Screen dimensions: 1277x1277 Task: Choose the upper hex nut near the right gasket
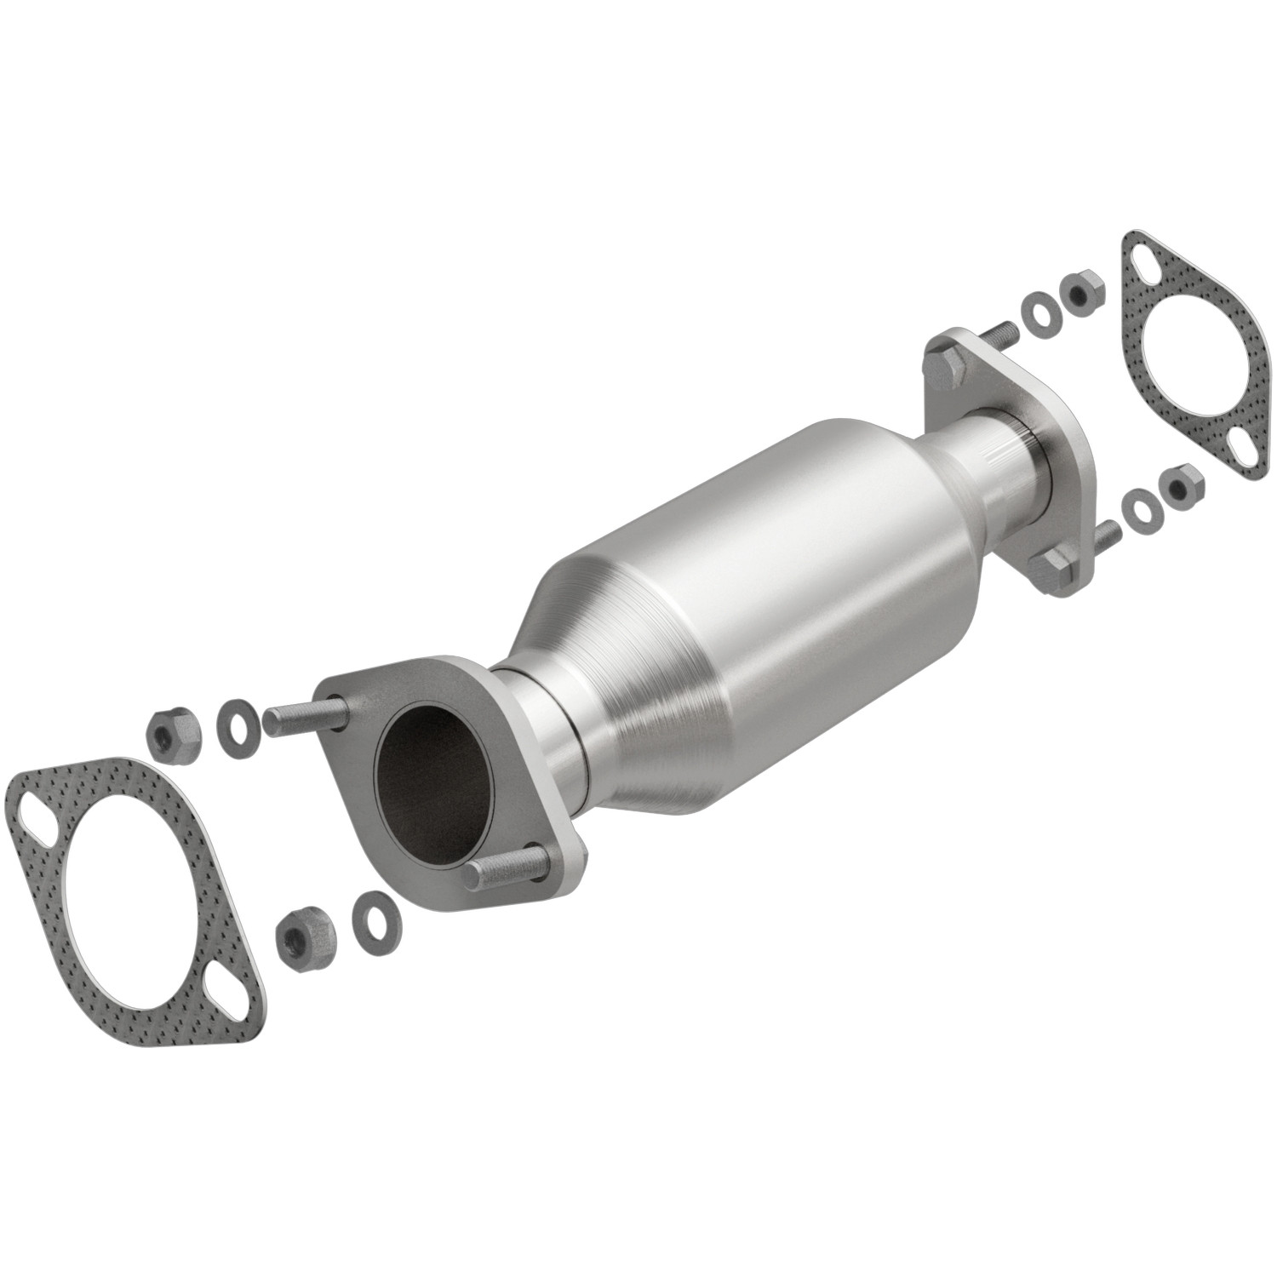click(x=1079, y=295)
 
